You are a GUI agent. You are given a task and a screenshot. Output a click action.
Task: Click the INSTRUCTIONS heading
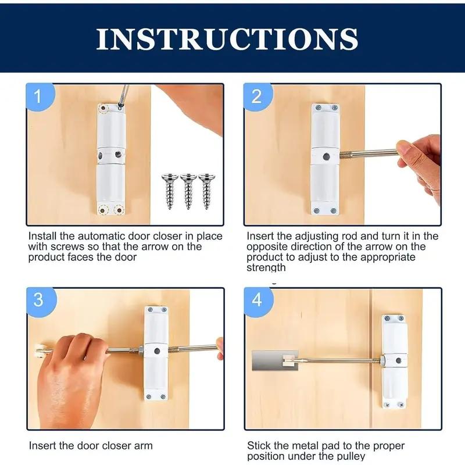[227, 38]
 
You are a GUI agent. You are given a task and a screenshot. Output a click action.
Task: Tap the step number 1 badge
[39, 96]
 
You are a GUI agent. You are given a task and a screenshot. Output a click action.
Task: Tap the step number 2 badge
[256, 96]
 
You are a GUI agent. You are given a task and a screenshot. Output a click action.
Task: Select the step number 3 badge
[39, 301]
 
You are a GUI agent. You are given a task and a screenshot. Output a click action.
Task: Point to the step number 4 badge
[256, 301]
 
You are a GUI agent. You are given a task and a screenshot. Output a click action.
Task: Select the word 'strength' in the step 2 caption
[266, 268]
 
